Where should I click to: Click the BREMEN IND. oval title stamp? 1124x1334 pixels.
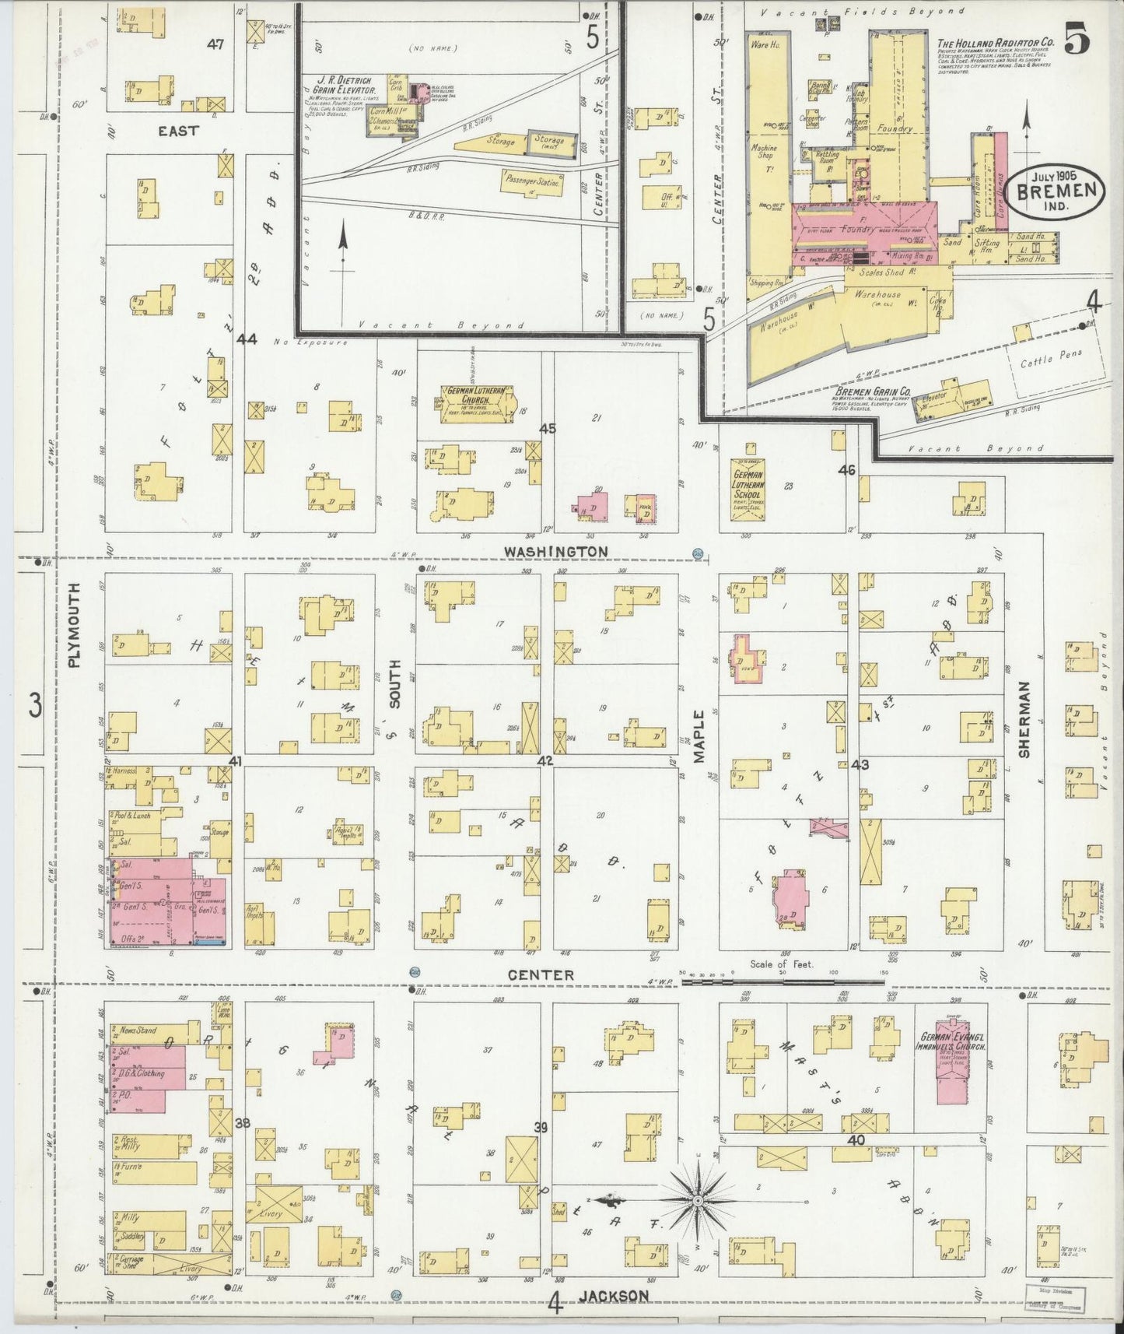[1054, 189]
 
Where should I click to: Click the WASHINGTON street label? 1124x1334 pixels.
[555, 551]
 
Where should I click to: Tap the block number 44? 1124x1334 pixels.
[247, 339]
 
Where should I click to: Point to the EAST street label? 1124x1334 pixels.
[178, 131]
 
